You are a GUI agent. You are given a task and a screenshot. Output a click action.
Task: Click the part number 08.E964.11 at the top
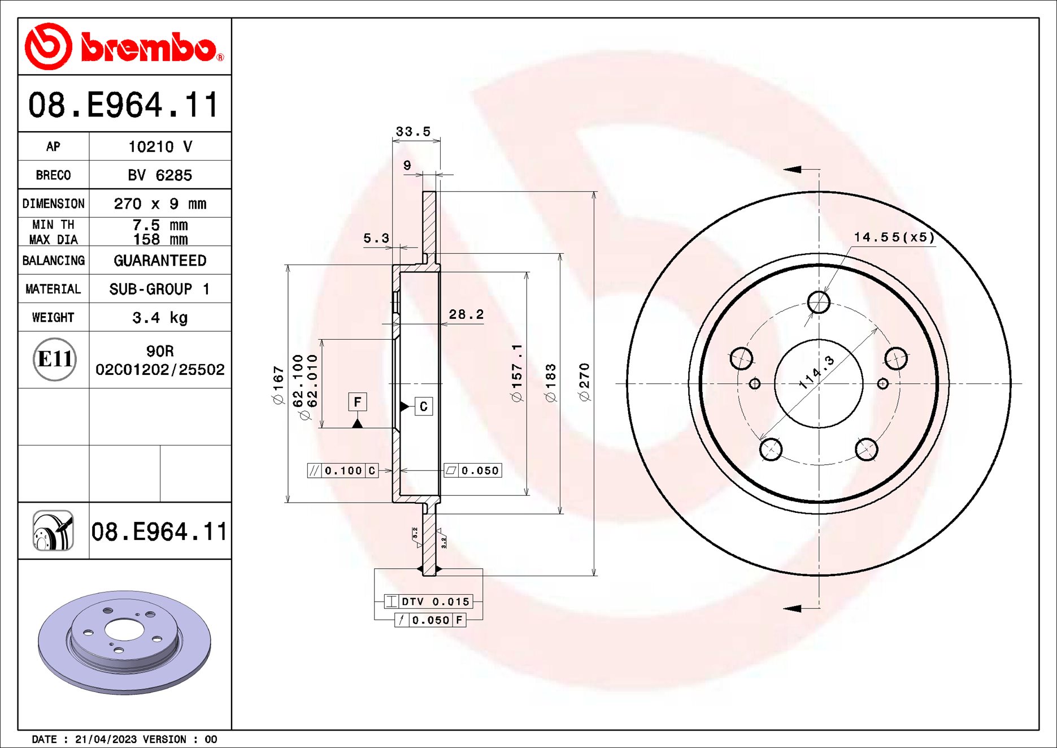click(x=123, y=105)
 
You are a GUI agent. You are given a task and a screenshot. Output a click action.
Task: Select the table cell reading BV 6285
click(x=160, y=175)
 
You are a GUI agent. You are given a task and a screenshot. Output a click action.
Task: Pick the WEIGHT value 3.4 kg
click(x=160, y=318)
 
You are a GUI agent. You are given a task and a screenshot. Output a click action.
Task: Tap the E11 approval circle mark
click(x=54, y=359)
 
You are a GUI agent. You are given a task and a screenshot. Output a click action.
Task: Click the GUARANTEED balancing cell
click(x=160, y=261)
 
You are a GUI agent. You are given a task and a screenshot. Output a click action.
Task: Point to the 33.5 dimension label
click(x=413, y=132)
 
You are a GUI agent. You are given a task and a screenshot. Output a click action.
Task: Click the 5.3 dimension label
click(x=376, y=238)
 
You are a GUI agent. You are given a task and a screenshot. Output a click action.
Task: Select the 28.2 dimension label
click(x=466, y=314)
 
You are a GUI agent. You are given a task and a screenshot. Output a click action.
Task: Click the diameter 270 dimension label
click(x=584, y=382)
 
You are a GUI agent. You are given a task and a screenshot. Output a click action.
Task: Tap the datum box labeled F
click(x=357, y=402)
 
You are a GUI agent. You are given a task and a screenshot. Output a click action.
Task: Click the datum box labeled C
click(x=424, y=407)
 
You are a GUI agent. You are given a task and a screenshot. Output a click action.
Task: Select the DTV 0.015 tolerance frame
click(x=428, y=602)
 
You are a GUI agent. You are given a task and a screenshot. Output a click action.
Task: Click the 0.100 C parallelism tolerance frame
click(x=343, y=470)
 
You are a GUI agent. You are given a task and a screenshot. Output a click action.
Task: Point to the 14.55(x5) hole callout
click(x=894, y=237)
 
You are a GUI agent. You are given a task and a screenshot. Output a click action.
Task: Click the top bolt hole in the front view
click(x=819, y=302)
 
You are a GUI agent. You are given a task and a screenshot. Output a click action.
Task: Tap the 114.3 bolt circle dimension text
click(x=817, y=373)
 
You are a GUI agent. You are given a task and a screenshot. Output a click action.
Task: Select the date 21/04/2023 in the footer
click(x=106, y=739)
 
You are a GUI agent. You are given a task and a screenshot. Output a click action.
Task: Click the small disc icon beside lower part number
click(x=53, y=530)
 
